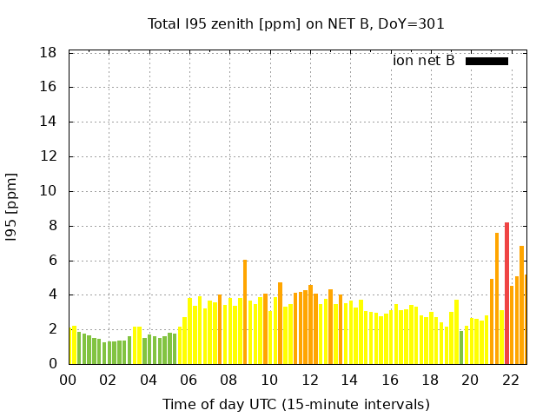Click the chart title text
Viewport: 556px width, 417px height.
296,23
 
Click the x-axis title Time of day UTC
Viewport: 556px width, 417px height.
296,404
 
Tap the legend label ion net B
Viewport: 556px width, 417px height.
423,61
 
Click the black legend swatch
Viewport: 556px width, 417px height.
486,61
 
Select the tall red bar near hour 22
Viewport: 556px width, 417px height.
506,293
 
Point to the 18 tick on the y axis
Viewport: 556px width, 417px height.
49,53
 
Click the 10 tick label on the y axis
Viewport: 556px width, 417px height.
49,191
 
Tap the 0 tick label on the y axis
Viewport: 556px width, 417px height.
53,364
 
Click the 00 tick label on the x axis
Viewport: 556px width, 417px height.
69,380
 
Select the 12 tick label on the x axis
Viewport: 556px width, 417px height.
310,380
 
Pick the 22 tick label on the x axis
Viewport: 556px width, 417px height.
511,380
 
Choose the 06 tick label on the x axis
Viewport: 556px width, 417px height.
189,380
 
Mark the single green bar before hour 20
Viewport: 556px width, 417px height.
461,347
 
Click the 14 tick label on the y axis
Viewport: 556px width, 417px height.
49,122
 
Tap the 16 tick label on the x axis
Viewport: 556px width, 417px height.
390,380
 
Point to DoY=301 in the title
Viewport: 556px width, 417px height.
414,23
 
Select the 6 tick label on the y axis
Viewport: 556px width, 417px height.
53,261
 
